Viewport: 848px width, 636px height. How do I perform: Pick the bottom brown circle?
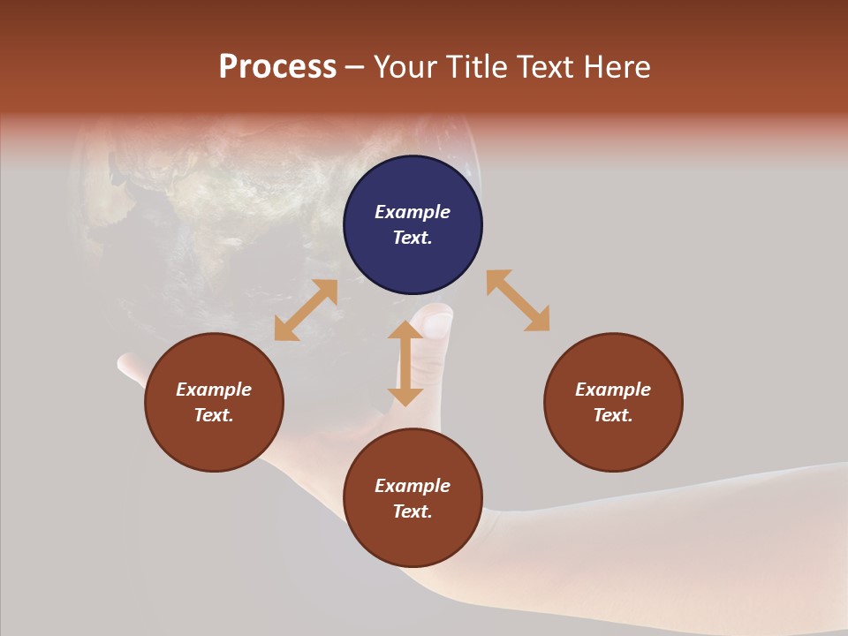point(413,539)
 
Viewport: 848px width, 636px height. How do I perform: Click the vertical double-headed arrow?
point(405,363)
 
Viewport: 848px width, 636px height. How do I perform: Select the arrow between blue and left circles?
point(306,310)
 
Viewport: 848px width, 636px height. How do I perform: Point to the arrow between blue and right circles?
point(519,300)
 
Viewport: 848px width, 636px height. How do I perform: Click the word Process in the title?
point(277,67)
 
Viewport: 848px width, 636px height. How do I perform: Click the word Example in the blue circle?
point(413,212)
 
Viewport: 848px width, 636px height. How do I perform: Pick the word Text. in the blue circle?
point(413,238)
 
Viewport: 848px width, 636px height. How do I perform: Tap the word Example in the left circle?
point(214,390)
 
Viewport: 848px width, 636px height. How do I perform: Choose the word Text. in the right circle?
point(613,415)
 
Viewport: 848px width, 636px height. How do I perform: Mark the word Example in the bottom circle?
point(413,486)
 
